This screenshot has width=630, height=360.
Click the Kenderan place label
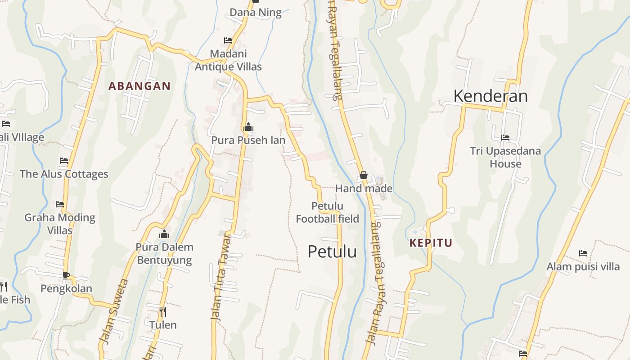coord(490,96)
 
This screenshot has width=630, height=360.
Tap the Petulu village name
coord(332,252)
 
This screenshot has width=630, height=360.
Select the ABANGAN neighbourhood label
coord(139,86)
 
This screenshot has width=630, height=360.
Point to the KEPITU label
coord(431,243)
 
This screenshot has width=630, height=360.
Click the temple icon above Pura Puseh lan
coord(248,127)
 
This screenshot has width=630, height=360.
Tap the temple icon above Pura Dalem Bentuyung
coord(164,234)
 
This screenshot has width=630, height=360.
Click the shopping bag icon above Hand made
coord(364,175)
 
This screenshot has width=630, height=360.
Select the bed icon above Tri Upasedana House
coord(505,138)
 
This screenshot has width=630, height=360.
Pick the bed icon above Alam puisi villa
coord(583,253)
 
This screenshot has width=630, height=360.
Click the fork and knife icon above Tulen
coord(163,311)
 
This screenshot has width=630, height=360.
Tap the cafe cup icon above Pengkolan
coord(66,275)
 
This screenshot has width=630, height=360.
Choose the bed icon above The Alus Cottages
coord(64,161)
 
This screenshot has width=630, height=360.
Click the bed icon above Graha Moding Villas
coord(60,204)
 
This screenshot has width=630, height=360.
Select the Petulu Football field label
coord(327,212)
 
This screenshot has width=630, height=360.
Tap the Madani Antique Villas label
coord(228,60)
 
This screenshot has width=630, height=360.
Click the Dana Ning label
coord(256,12)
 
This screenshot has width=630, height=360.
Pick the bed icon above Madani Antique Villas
coord(228,40)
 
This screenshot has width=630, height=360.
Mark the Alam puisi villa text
coord(583,267)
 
